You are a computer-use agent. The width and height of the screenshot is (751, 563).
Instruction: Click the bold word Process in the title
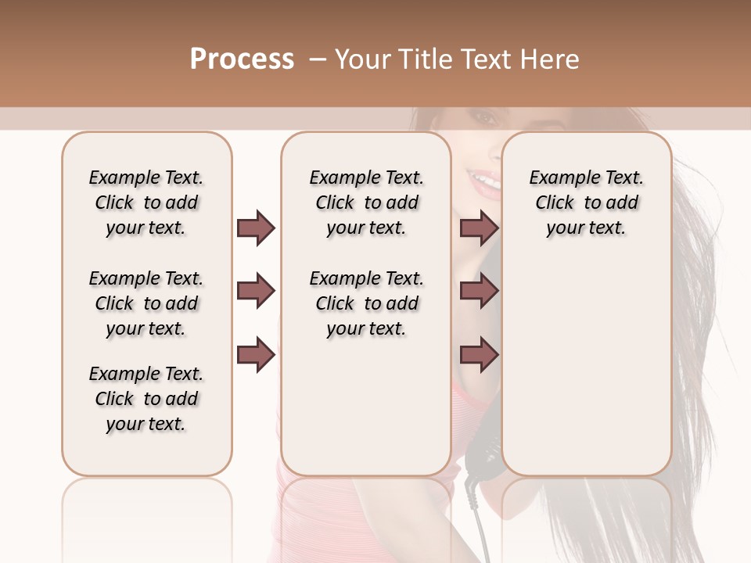(242, 59)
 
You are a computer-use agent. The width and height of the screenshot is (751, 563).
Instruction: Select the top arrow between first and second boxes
(256, 228)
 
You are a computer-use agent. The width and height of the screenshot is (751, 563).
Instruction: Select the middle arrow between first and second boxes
(256, 292)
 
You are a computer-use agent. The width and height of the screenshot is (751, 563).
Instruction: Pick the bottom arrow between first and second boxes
(256, 356)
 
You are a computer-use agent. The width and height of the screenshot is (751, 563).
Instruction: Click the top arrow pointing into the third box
(479, 228)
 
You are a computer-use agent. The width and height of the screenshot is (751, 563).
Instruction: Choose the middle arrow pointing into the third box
(479, 292)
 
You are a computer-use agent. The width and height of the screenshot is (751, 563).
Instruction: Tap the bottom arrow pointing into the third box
(479, 356)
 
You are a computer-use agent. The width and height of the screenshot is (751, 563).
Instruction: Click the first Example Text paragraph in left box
(146, 203)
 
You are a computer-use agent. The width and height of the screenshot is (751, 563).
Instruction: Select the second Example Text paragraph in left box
(146, 303)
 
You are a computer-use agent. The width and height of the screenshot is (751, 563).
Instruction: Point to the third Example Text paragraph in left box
(146, 399)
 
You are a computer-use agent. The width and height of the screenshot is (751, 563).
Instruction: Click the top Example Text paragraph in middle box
(366, 203)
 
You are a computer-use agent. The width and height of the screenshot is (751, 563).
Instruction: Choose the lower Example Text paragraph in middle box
(366, 303)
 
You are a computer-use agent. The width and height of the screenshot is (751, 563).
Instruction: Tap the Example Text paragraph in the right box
(587, 203)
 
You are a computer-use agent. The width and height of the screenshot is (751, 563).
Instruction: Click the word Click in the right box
(555, 203)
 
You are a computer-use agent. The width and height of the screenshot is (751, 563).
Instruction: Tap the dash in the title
(317, 59)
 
